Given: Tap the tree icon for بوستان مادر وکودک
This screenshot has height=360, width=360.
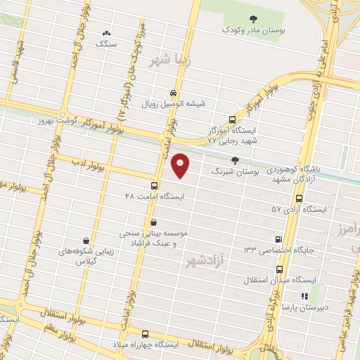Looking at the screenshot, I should pos(254,18).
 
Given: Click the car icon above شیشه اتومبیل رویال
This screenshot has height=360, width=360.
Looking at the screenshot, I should pos(174,93).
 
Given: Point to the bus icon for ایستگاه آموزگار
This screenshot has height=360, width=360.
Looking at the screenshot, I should pos(233,120).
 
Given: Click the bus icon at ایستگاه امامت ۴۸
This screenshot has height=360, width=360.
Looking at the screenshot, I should pos(154,186).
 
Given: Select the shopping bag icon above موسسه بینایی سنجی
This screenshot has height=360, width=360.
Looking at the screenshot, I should pos(153,221).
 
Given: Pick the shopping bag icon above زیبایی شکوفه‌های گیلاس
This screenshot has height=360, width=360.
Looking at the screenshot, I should pos(85,240).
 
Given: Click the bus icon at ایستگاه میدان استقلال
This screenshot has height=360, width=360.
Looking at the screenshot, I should pos(280,269).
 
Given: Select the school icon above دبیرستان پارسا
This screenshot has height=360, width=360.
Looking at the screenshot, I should pos(305,297).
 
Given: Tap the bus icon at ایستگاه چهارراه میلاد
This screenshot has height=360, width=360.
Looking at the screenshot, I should pos(146,334).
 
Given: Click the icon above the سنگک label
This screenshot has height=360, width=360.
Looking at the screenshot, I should pos(107,32).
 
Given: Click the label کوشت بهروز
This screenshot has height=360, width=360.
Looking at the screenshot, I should pos(50,121).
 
